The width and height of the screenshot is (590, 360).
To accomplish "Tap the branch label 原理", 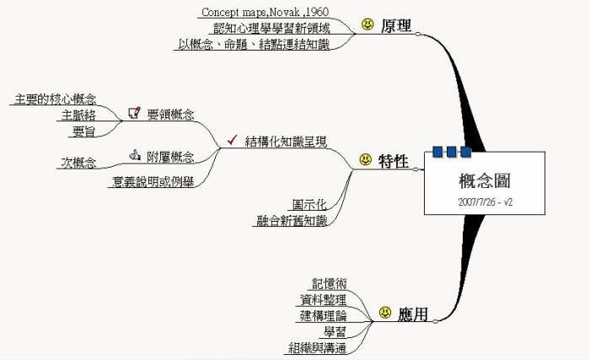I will (x=396, y=26).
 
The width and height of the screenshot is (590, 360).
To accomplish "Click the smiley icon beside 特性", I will (x=365, y=159).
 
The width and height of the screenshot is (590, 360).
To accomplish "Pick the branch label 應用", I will (x=412, y=314).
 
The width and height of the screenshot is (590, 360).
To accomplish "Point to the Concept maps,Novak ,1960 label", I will (x=264, y=13).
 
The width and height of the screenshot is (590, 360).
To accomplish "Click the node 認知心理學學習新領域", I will (x=271, y=29).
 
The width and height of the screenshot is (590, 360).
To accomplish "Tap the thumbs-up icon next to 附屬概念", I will (x=134, y=155).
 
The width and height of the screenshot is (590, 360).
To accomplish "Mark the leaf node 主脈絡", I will (x=78, y=115).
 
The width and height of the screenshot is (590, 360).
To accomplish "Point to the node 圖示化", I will (x=308, y=205).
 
